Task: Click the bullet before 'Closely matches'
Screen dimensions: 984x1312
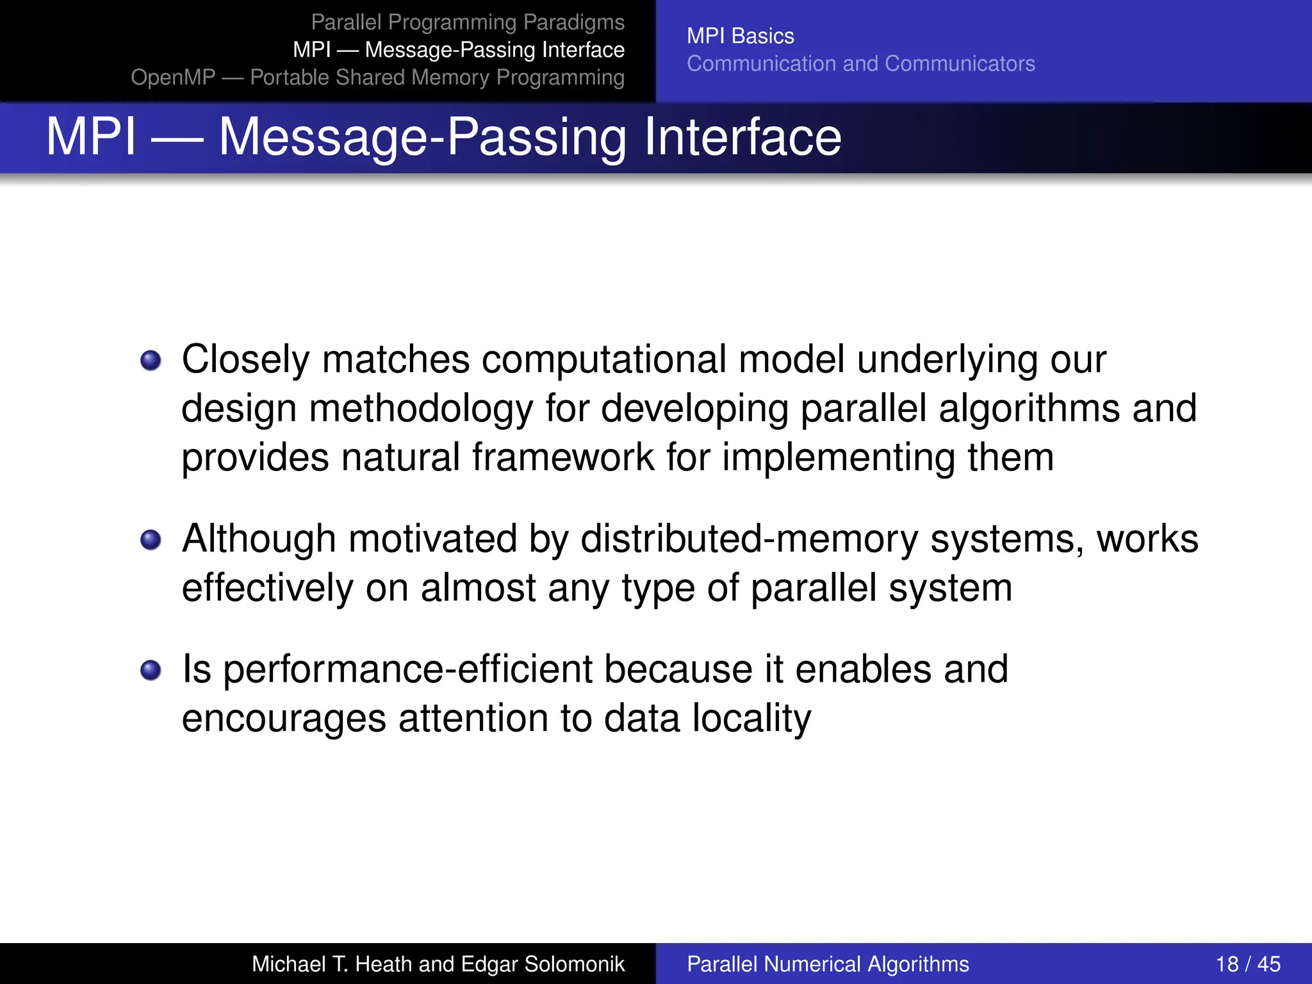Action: coord(151,360)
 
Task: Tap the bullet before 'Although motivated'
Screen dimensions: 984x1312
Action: coord(151,539)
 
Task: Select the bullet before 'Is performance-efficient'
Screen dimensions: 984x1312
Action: coord(151,670)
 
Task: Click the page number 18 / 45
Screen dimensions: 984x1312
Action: coord(1247,963)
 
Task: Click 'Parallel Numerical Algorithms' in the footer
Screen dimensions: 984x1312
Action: coord(828,963)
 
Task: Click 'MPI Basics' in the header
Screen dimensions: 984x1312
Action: coord(740,36)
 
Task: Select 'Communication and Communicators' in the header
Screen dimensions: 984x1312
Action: coord(860,63)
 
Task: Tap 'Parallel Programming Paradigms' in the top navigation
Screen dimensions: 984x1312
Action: coord(467,22)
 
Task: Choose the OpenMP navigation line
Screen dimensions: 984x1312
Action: coord(377,77)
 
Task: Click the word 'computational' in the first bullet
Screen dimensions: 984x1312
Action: coord(603,359)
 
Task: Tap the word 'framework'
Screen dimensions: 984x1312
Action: coord(562,457)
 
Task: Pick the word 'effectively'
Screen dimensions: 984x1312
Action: coord(267,588)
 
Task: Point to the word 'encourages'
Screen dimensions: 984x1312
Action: coord(284,718)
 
